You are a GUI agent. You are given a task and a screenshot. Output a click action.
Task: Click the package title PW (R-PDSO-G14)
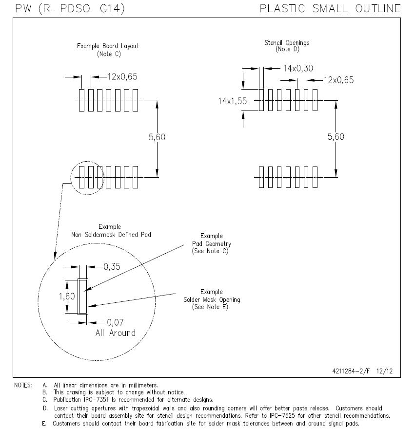70,9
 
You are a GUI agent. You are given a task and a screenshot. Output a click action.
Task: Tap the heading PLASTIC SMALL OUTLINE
330,8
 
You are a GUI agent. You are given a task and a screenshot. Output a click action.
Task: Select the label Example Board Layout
108,46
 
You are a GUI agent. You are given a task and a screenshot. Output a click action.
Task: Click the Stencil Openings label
287,42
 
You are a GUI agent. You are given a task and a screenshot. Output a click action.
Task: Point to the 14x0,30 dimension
298,68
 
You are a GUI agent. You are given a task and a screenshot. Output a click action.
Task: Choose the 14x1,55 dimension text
232,101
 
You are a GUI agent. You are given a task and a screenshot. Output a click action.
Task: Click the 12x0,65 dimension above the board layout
122,76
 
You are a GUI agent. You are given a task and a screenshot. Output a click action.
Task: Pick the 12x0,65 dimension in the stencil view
338,80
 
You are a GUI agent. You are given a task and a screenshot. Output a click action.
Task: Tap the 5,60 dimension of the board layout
157,137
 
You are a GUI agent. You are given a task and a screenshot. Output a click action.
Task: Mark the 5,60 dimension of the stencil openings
336,137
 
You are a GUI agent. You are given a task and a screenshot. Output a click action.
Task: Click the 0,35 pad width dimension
112,267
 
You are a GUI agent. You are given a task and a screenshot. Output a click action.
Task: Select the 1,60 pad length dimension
67,297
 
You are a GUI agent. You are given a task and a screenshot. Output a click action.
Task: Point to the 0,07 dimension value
115,323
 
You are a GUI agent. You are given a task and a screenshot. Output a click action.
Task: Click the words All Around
116,333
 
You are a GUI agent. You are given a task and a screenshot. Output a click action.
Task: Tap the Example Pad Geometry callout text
212,243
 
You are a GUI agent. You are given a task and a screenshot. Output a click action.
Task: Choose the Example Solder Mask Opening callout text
212,299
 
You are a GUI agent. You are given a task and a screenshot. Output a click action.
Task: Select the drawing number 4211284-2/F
351,371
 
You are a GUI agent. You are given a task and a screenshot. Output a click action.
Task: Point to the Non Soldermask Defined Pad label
111,235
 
